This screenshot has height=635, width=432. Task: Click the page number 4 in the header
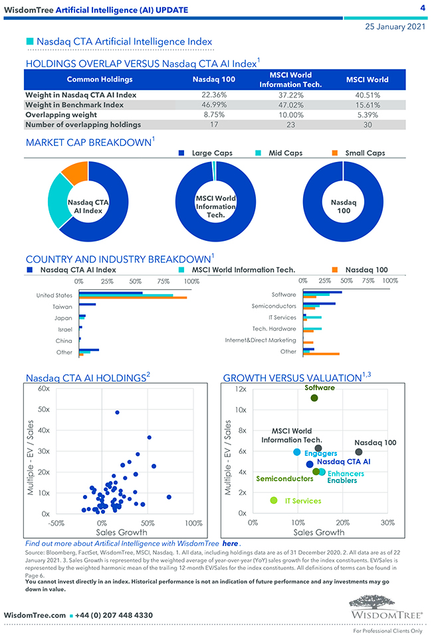pos(423,8)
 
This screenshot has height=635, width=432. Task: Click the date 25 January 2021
pos(395,27)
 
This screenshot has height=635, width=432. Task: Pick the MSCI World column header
pos(367,80)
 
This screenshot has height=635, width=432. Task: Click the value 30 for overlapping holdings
pos(367,124)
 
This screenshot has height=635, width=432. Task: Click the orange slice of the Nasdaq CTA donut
pos(75,173)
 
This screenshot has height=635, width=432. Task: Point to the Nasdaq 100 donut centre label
pos(344,206)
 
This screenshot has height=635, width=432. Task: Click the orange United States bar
pos(132,297)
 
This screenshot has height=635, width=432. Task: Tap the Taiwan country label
pos(62,307)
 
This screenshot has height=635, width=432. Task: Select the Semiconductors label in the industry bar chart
pos(274,307)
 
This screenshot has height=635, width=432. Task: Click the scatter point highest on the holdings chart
pos(117,413)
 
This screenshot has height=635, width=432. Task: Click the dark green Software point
pos(314,398)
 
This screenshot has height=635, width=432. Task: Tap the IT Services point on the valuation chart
pos(273,501)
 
